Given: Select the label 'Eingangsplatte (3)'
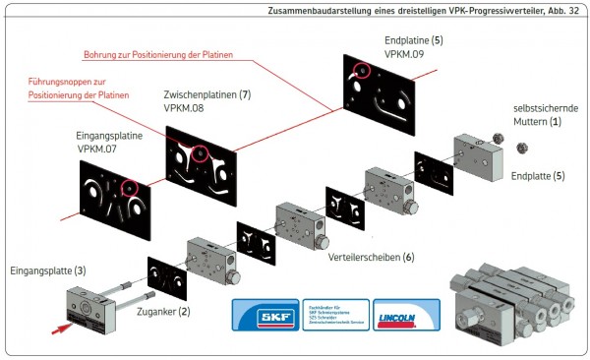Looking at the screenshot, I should [47, 270].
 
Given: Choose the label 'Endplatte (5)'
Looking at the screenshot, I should [538, 176].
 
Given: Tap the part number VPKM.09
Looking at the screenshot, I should [405, 55].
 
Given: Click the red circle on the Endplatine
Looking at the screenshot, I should [362, 72].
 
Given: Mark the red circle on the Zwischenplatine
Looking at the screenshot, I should [201, 152].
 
